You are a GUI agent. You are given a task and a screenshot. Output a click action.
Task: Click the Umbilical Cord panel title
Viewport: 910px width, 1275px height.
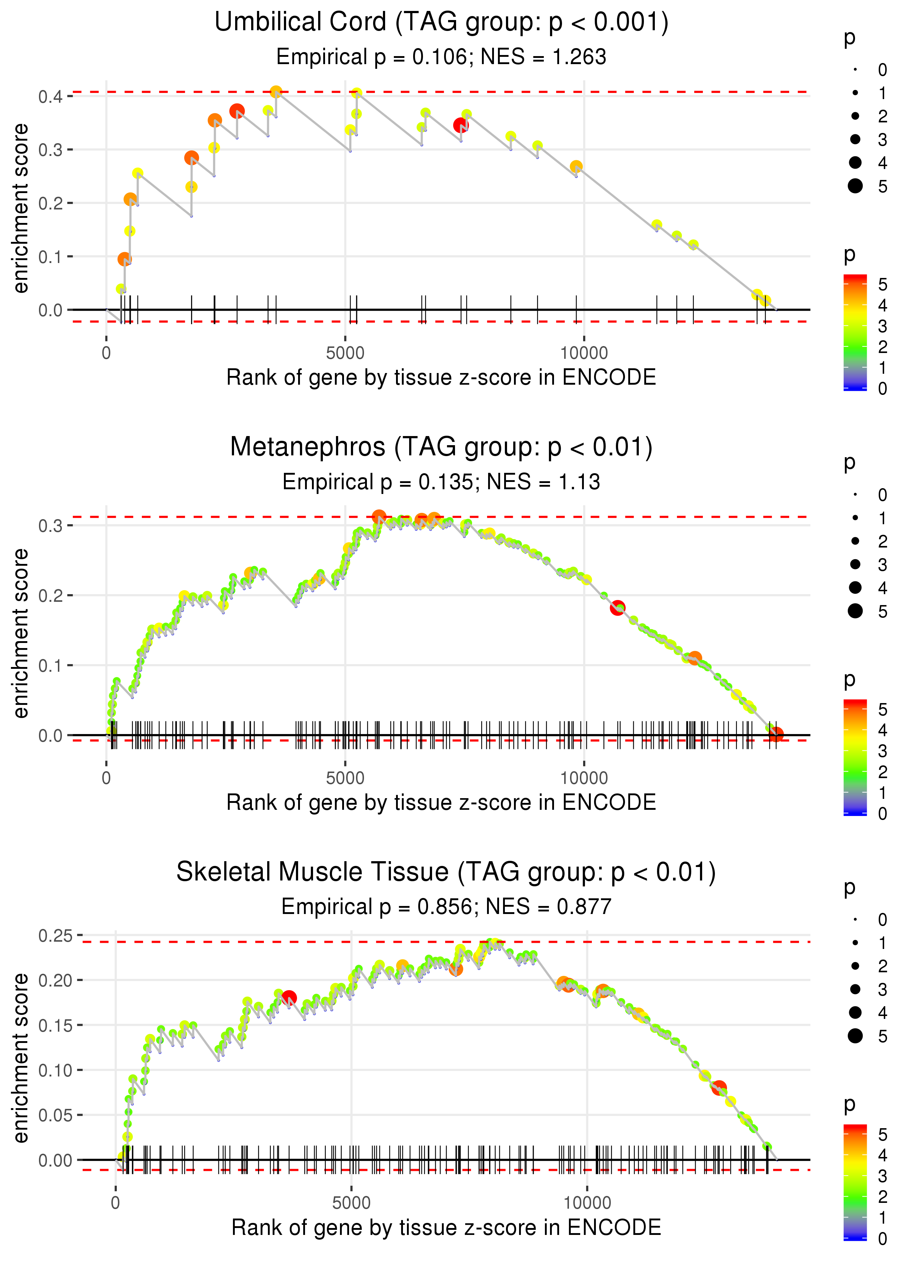[441, 23]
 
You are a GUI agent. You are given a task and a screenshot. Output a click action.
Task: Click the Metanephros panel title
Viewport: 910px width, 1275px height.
[441, 447]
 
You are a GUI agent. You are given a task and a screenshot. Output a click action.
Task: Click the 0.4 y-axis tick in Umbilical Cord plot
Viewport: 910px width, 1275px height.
[51, 97]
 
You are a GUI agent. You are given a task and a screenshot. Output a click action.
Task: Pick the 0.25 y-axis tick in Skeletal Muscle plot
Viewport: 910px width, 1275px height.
[55, 935]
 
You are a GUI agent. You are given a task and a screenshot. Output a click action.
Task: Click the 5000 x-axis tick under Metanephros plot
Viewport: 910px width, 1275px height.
[345, 778]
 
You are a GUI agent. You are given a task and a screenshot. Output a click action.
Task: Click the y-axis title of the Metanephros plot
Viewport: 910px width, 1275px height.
[21, 633]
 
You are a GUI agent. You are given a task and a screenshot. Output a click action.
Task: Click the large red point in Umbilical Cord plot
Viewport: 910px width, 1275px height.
[460, 125]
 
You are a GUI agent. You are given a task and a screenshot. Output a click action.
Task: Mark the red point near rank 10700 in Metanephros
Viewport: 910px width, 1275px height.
[617, 607]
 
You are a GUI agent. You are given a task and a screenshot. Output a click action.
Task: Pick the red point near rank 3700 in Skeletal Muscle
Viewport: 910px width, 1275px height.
[289, 997]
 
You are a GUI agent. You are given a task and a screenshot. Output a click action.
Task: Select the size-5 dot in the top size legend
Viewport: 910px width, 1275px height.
[855, 185]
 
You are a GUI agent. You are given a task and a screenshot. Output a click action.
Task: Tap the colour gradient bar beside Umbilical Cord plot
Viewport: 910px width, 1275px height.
[855, 332]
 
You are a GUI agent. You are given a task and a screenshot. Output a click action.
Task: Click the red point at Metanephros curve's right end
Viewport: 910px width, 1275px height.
[776, 734]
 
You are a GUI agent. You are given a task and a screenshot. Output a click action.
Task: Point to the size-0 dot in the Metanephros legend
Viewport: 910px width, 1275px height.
[855, 495]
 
